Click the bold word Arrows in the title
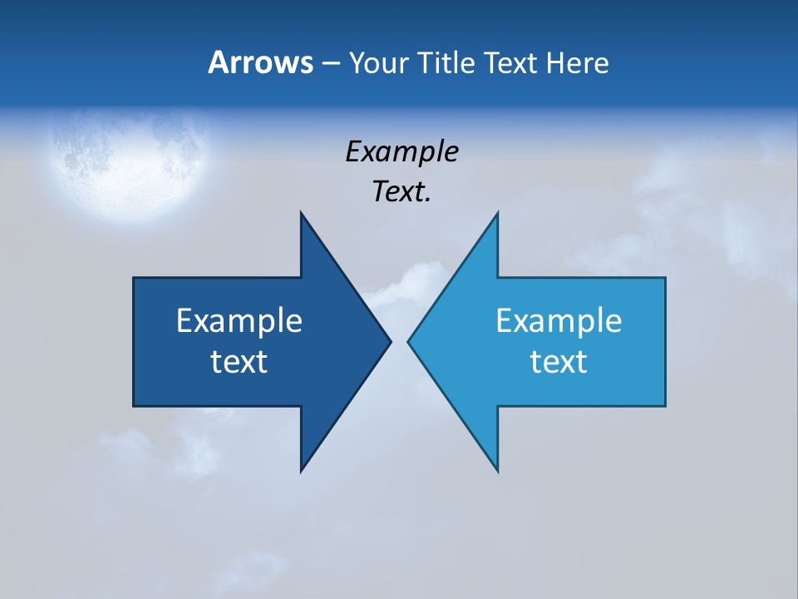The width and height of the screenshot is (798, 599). [x=259, y=62]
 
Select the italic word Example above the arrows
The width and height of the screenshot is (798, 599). [x=401, y=152]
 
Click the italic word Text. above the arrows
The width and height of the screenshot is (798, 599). [x=401, y=192]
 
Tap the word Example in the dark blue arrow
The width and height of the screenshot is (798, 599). [x=239, y=321]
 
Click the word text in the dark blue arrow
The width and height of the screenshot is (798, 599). [x=239, y=362]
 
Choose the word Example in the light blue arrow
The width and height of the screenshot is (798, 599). [x=559, y=321]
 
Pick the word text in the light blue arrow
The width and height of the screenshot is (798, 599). [x=559, y=362]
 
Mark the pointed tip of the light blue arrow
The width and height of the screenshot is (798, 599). [x=409, y=341]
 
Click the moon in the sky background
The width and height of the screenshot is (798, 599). [x=129, y=162]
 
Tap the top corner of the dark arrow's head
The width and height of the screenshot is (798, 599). [x=301, y=213]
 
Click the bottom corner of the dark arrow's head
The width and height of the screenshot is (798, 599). [x=301, y=470]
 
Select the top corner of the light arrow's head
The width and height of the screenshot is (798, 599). [x=497, y=213]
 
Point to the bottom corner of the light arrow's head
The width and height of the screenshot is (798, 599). [x=497, y=470]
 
